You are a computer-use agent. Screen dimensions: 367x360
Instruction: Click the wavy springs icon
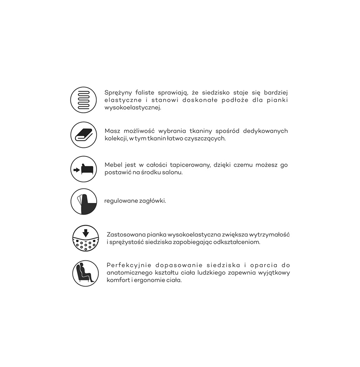pyautogui.click(x=83, y=100)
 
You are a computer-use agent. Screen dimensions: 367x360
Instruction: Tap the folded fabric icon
pyautogui.click(x=83, y=135)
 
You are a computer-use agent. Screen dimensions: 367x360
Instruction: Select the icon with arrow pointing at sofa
pyautogui.click(x=83, y=169)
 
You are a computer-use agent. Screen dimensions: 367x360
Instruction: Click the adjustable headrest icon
pyautogui.click(x=83, y=201)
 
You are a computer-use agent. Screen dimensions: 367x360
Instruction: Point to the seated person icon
pyautogui.click(x=86, y=273)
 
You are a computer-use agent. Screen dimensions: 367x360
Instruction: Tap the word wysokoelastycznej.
pyautogui.click(x=133, y=108)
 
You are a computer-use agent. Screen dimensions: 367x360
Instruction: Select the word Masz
pyautogui.click(x=112, y=131)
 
